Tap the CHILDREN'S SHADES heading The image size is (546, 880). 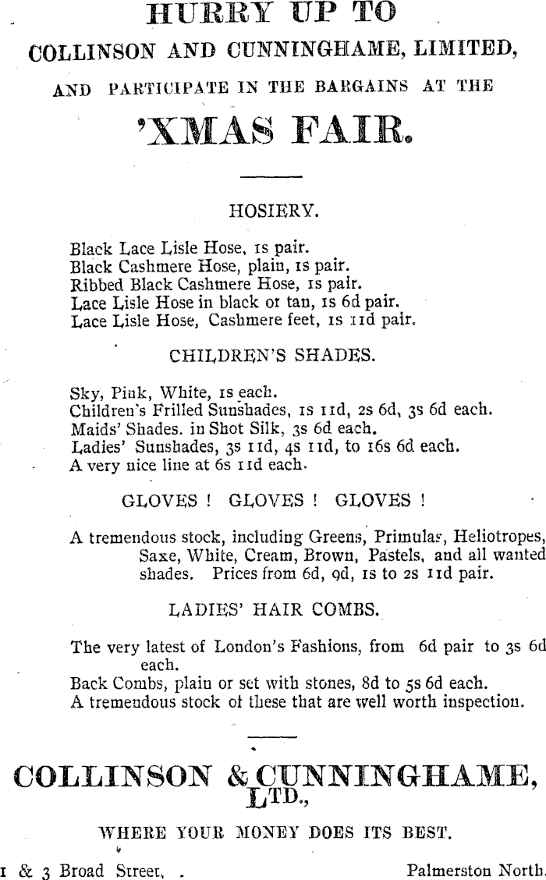click(x=272, y=357)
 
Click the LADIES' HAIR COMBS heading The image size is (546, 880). click(x=275, y=609)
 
